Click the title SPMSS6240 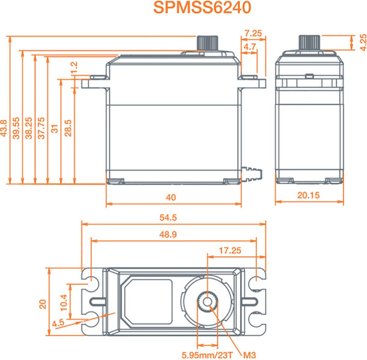click(202, 7)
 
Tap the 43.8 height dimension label click(4, 128)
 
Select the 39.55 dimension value click(16, 128)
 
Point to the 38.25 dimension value click(29, 128)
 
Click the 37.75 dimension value click(41, 128)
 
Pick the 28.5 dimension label click(68, 128)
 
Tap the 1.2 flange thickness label click(74, 68)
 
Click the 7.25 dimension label click(253, 34)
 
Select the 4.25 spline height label click(363, 43)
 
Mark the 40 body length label click(171, 197)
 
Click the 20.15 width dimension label click(308, 195)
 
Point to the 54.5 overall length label click(168, 218)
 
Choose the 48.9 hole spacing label click(168, 234)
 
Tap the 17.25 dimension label click(230, 251)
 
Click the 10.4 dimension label click(64, 302)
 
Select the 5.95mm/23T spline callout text click(207, 355)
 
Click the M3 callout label click(249, 355)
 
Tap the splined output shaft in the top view click(207, 302)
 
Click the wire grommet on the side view click(252, 175)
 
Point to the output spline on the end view click(309, 43)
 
